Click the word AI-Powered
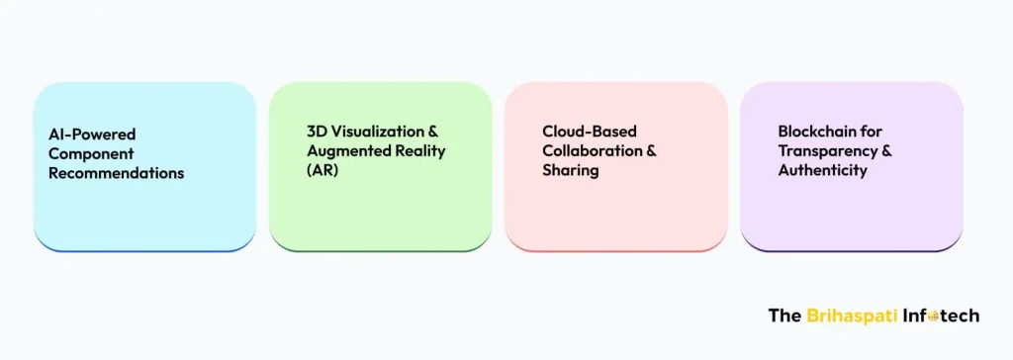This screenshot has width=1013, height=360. click(93, 134)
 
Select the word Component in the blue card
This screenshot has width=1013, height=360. click(91, 153)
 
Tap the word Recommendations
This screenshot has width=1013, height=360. click(117, 173)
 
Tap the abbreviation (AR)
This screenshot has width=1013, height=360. click(322, 170)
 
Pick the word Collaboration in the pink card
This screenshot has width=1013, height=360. click(590, 150)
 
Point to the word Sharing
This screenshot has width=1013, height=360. click(570, 170)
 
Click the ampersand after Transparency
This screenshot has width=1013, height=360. click(886, 150)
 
